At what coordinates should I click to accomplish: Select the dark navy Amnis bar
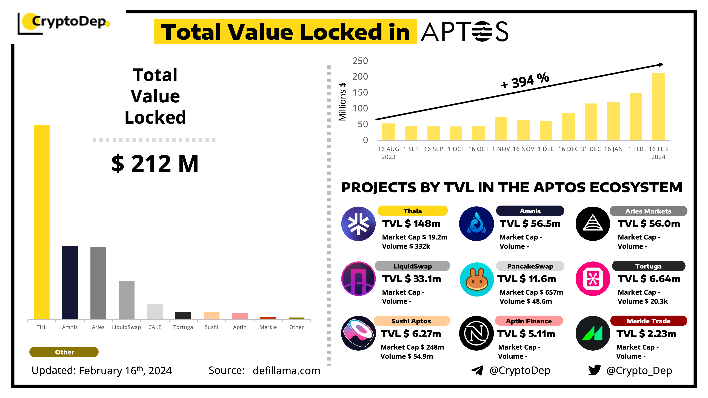(70, 283)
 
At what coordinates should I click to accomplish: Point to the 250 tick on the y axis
(360, 61)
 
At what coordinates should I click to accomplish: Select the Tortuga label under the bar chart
(183, 327)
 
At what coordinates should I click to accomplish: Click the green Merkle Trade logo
(593, 333)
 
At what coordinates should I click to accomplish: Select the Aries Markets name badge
(648, 211)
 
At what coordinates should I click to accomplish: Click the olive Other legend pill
(64, 352)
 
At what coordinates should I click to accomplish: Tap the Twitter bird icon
(594, 370)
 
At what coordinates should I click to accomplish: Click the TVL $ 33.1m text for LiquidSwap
(412, 279)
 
